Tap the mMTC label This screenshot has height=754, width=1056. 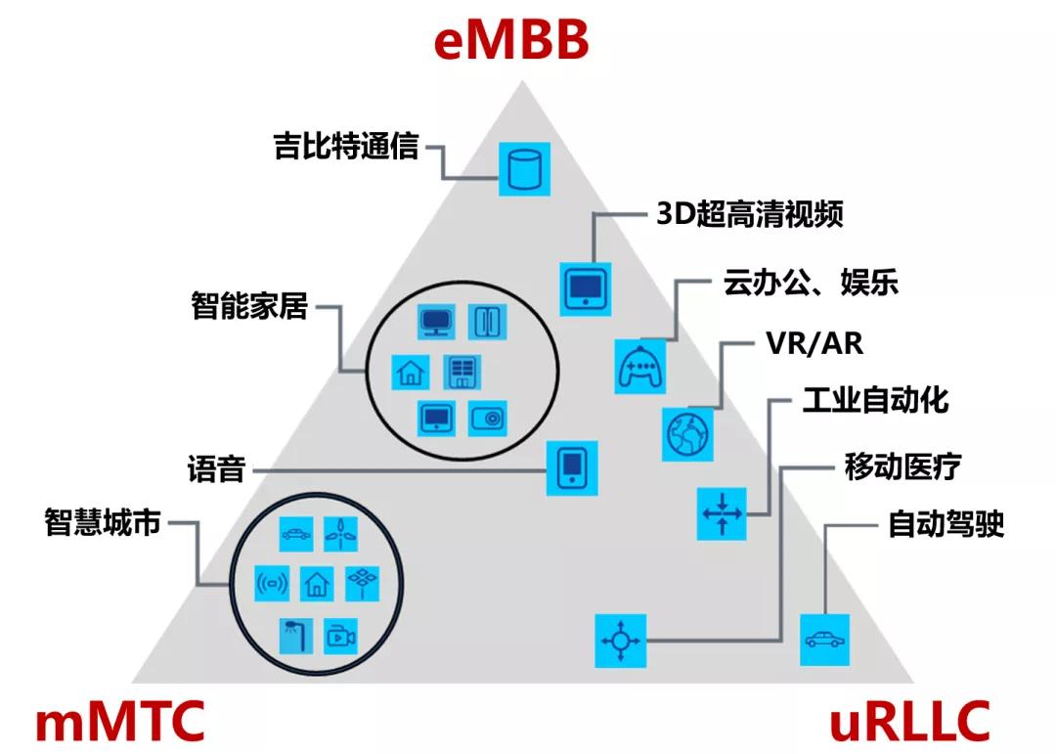click(x=120, y=722)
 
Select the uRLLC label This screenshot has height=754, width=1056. click(x=908, y=722)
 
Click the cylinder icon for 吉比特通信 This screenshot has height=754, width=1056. click(x=524, y=168)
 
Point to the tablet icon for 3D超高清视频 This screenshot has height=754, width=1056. click(x=586, y=288)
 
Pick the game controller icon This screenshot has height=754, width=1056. click(x=640, y=366)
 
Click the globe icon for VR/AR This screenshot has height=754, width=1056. click(x=687, y=434)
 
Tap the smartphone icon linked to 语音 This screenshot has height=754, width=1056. click(x=571, y=467)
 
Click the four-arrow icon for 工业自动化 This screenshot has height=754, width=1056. click(x=722, y=512)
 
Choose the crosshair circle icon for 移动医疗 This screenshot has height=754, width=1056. click(x=621, y=641)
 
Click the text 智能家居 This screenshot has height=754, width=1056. click(x=249, y=306)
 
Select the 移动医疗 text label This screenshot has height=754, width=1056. click(x=902, y=466)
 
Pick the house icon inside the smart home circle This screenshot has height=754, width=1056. click(x=411, y=371)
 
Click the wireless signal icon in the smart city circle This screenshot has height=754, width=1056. click(x=271, y=585)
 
